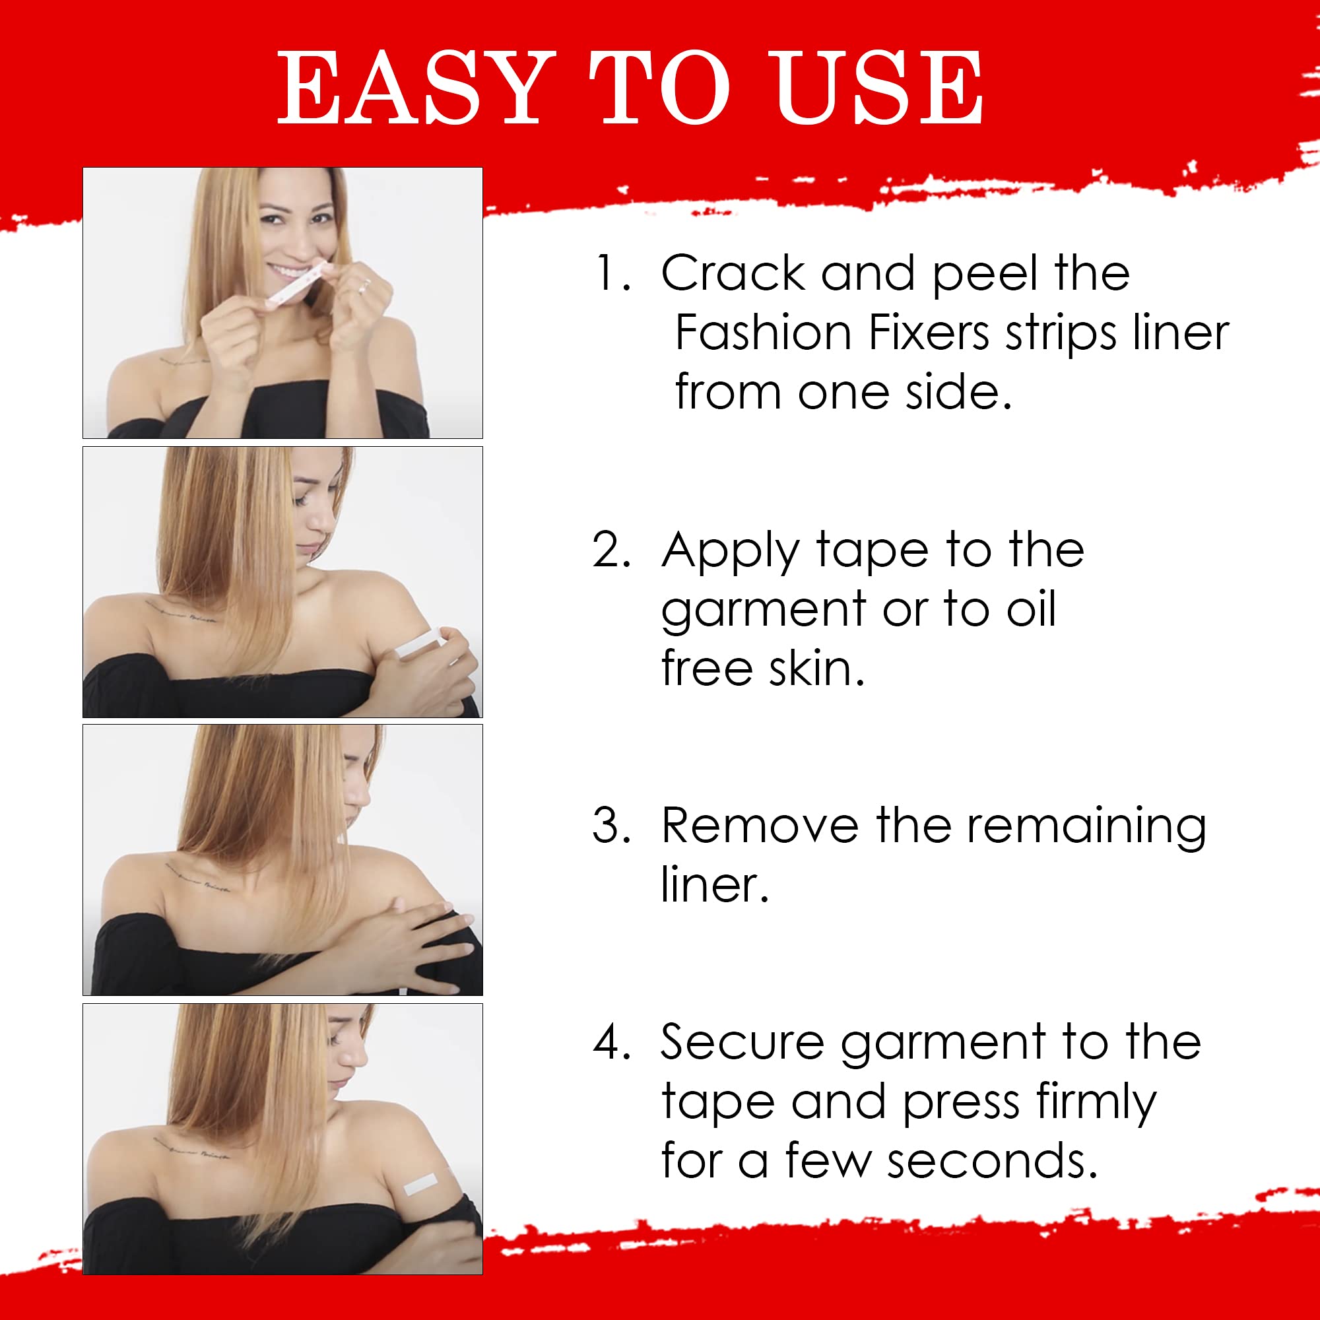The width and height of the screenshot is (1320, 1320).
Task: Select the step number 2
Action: coord(610,549)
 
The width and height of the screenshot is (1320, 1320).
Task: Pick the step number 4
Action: coord(610,1043)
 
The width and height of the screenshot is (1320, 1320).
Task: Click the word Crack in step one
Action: coord(733,273)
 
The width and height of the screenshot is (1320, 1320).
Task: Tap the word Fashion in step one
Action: coord(763,333)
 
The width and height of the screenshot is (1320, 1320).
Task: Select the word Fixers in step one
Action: coord(929,333)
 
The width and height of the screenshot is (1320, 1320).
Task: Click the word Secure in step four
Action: coord(742,1043)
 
